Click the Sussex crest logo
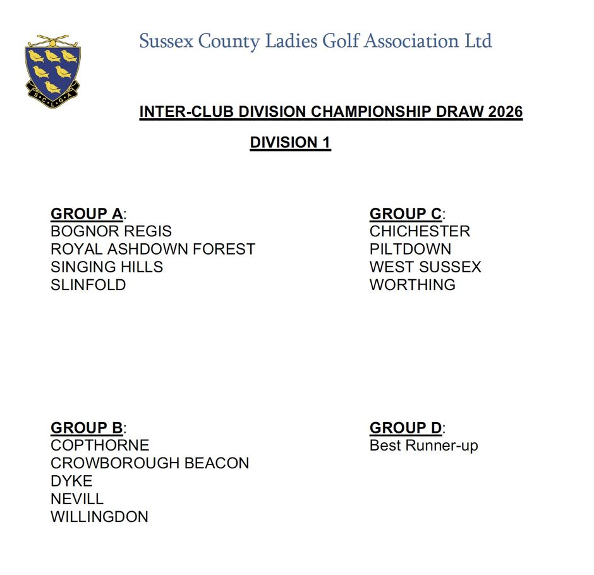(53, 71)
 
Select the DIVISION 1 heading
(290, 143)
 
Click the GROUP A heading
(87, 214)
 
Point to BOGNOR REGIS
(111, 231)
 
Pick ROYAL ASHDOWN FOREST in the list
(153, 249)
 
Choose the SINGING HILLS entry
(107, 267)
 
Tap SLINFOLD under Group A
(88, 284)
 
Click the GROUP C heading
(406, 214)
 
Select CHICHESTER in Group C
(420, 231)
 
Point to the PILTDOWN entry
(410, 249)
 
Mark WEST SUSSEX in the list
(425, 267)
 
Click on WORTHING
(413, 284)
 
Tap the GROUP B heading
(87, 428)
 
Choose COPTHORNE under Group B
(100, 445)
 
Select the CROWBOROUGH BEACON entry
(150, 463)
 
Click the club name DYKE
(71, 481)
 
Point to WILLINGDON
(99, 516)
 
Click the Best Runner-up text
(423, 445)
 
